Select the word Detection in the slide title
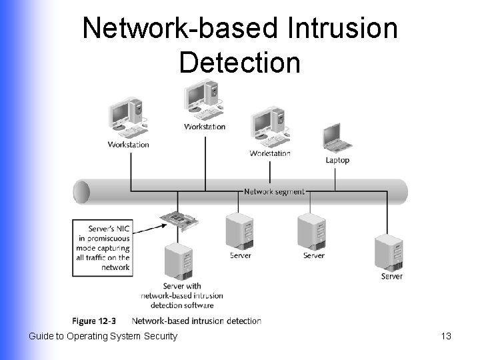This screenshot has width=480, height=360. [x=239, y=62]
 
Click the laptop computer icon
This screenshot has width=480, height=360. [x=337, y=139]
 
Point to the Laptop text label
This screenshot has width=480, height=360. [x=337, y=160]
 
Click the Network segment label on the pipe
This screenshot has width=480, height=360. [x=273, y=191]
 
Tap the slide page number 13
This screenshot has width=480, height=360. [x=446, y=336]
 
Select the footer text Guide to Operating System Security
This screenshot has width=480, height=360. [x=103, y=336]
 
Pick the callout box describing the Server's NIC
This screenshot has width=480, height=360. [x=102, y=246]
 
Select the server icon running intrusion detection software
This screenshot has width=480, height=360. [x=178, y=261]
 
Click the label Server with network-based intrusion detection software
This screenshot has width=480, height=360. [x=182, y=295]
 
